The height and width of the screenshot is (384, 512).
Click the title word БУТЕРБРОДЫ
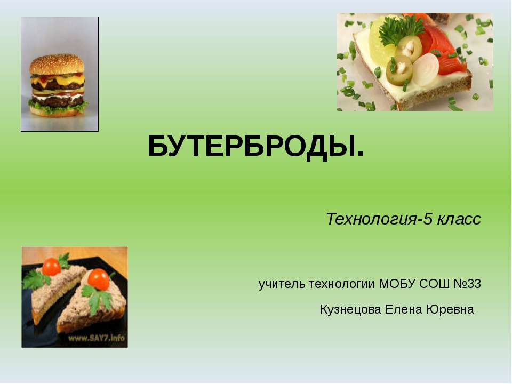[x=255, y=147]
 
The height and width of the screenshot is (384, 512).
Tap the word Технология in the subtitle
[x=371, y=219]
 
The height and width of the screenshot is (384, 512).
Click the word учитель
[x=282, y=284]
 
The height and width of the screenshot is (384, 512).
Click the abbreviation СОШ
[x=434, y=284]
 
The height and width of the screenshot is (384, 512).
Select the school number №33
[x=467, y=284]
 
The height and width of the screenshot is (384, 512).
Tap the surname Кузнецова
[x=350, y=309]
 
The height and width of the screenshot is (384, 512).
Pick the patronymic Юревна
[x=450, y=309]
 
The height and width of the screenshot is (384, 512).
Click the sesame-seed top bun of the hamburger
[x=57, y=65]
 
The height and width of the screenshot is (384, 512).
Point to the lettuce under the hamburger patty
[x=58, y=107]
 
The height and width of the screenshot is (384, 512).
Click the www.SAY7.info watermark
[x=97, y=338]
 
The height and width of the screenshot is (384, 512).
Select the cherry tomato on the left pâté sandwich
[x=51, y=267]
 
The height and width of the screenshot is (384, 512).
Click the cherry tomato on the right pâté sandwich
[x=99, y=279]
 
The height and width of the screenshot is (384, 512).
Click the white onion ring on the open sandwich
[x=426, y=69]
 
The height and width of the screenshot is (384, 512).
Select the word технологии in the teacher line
[x=342, y=284]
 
